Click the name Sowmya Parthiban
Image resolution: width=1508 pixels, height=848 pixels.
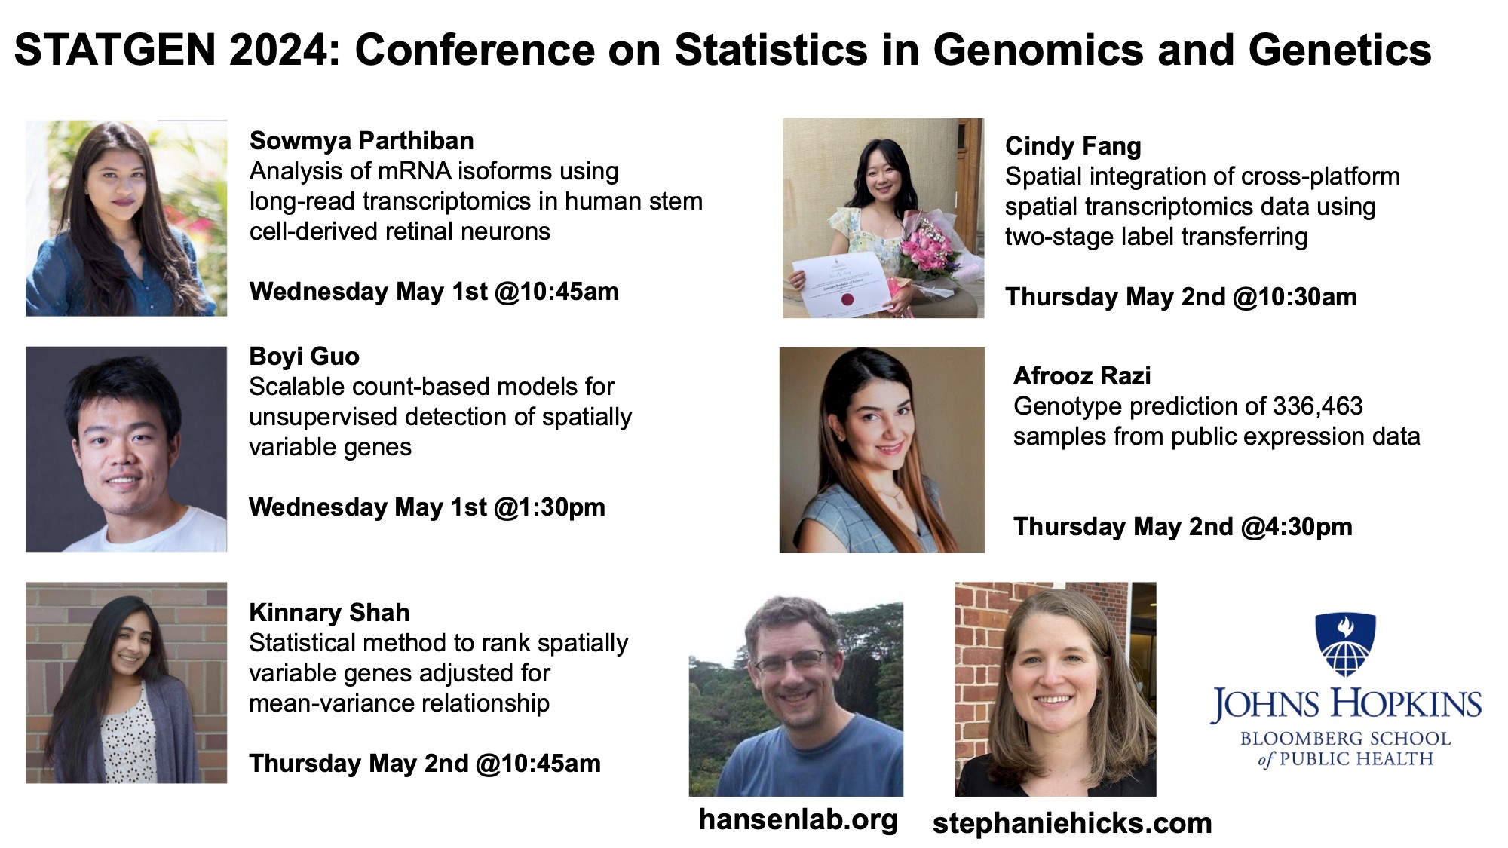pos(362,141)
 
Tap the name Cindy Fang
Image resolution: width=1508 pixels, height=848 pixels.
pos(1073,146)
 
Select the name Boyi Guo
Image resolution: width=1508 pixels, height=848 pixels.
pos(304,356)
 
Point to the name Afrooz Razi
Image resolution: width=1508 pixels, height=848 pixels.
pos(1082,375)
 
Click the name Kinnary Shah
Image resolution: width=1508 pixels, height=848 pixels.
pos(329,612)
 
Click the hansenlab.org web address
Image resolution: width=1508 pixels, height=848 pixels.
pos(798,819)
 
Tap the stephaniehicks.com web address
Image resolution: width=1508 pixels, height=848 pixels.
pos(1072,823)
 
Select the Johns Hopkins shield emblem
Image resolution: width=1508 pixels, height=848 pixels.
pos(1345,644)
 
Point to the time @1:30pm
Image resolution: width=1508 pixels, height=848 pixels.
pos(550,507)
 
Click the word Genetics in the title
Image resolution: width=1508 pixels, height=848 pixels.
pos(1340,51)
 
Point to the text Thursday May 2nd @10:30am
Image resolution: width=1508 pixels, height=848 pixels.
pos(1181,297)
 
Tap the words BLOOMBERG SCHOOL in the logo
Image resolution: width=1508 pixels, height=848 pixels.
pos(1345,739)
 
